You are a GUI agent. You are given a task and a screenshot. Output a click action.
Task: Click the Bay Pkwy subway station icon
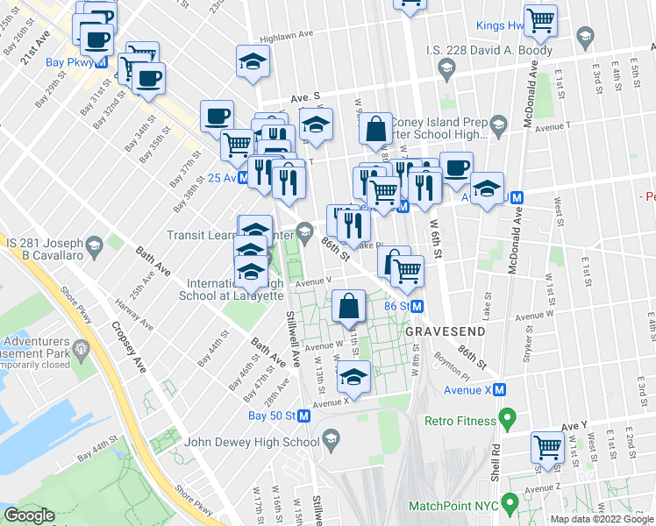[x=102, y=63]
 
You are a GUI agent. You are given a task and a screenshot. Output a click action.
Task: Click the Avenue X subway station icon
[x=499, y=389]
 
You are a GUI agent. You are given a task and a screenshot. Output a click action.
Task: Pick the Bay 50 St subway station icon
[x=303, y=416]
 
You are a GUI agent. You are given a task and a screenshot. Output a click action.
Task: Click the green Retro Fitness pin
[x=506, y=421]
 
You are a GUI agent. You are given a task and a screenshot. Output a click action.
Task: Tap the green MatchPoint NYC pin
[x=506, y=506]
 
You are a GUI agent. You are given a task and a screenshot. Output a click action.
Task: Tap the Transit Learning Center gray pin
[x=304, y=232]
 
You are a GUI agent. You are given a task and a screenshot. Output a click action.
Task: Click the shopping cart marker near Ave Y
[x=547, y=446]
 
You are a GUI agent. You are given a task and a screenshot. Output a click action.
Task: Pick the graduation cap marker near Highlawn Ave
[x=253, y=61]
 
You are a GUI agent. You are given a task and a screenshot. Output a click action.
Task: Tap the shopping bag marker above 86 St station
[x=349, y=306]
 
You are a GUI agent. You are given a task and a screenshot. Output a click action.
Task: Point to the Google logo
[x=29, y=515]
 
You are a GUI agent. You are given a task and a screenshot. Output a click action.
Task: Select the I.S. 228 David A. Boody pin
[x=446, y=68]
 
